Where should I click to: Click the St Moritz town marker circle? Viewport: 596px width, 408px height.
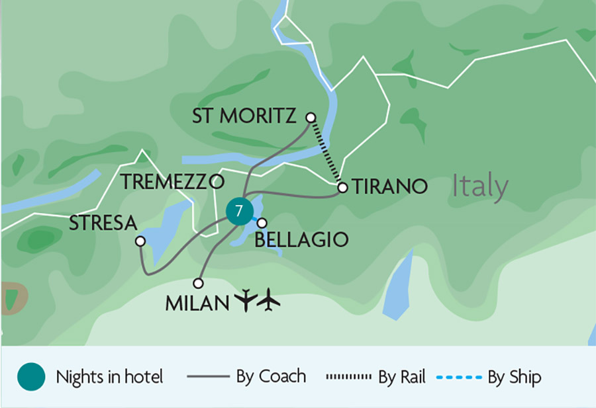pyautogui.click(x=311, y=117)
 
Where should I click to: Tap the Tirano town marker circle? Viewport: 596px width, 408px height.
pyautogui.click(x=342, y=188)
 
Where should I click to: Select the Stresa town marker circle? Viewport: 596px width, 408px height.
pyautogui.click(x=140, y=241)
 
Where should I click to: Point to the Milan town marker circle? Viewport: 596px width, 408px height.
pyautogui.click(x=198, y=282)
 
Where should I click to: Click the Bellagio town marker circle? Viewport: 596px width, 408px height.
pyautogui.click(x=262, y=223)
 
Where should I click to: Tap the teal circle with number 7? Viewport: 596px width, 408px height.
pyautogui.click(x=239, y=211)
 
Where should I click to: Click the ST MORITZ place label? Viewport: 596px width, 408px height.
pyautogui.click(x=244, y=116)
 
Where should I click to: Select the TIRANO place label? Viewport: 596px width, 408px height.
pyautogui.click(x=390, y=187)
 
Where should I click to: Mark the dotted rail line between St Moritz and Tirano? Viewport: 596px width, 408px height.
pyautogui.click(x=326, y=152)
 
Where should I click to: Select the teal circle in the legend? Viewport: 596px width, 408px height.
pyautogui.click(x=31, y=377)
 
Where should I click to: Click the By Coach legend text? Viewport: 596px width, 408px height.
pyautogui.click(x=271, y=377)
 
